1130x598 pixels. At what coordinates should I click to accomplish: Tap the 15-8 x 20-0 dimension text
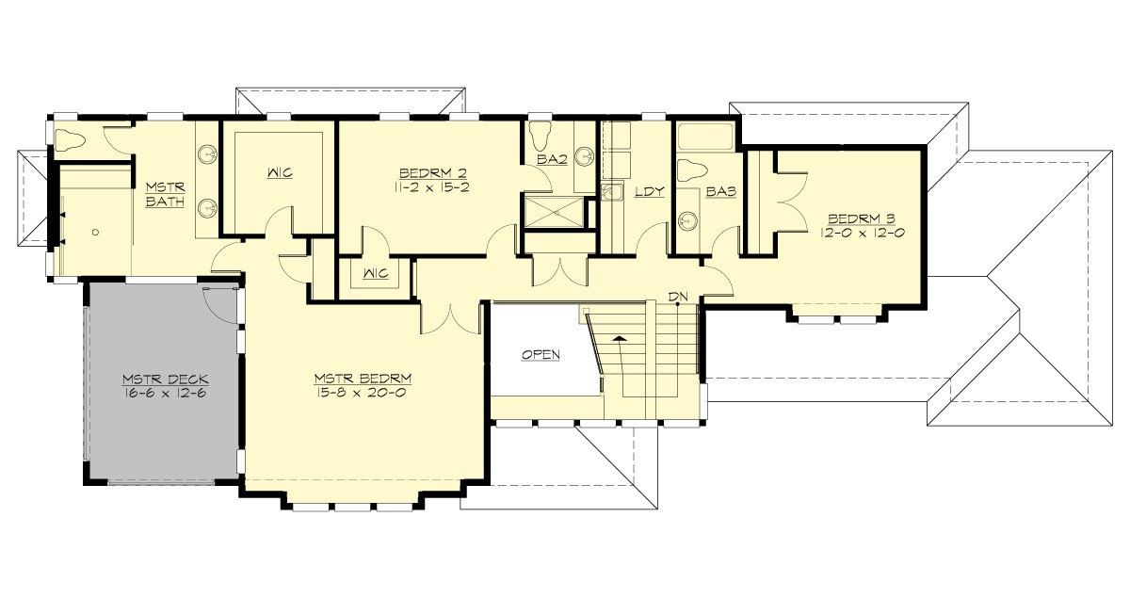(x=363, y=393)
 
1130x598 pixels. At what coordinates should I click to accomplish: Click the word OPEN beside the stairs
(x=541, y=355)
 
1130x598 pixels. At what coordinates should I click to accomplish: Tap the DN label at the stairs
(x=678, y=297)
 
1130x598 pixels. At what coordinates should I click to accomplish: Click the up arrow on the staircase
(x=620, y=337)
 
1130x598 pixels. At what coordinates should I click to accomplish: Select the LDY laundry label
(x=650, y=191)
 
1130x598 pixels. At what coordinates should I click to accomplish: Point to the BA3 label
(x=720, y=191)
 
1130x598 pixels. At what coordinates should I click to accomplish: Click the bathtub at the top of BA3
(x=707, y=137)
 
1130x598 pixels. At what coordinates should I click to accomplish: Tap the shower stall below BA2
(x=553, y=211)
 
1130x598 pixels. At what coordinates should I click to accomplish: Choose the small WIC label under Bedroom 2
(x=374, y=275)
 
